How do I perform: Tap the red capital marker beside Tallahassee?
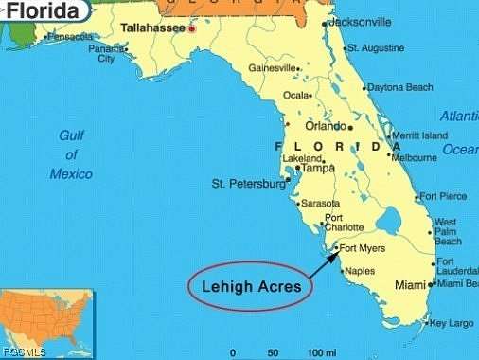coord(193,29)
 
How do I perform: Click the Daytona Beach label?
coord(399,88)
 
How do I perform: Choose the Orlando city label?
coord(325,126)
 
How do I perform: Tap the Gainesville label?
coord(273,68)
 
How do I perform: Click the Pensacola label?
coord(72,37)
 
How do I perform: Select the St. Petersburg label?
coord(247,183)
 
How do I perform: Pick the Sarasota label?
coord(320,204)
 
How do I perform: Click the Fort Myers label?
coord(363,250)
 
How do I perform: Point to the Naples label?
coord(359,272)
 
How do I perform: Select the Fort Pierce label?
coord(443,196)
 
